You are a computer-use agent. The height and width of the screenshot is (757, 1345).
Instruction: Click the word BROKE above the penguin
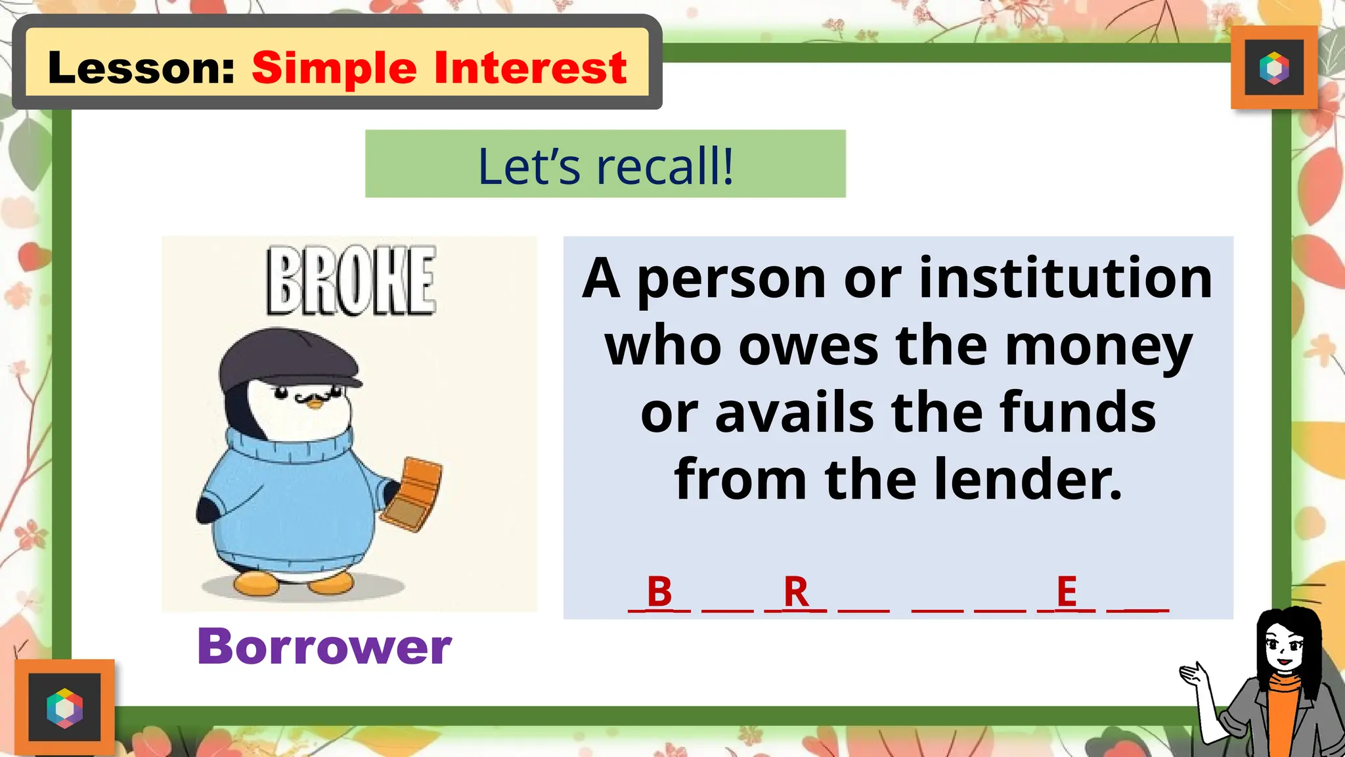tap(351, 281)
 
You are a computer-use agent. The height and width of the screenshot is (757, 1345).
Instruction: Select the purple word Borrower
tap(324, 647)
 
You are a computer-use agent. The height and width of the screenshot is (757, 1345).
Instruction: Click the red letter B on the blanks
tap(659, 591)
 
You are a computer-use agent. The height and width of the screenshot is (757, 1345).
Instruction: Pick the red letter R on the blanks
tap(796, 591)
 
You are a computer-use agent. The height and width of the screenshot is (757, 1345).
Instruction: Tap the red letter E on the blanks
tap(1067, 591)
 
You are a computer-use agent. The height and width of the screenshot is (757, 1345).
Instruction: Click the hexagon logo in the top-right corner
tap(1274, 68)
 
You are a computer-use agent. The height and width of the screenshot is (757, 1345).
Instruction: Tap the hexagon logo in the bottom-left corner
tap(64, 708)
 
